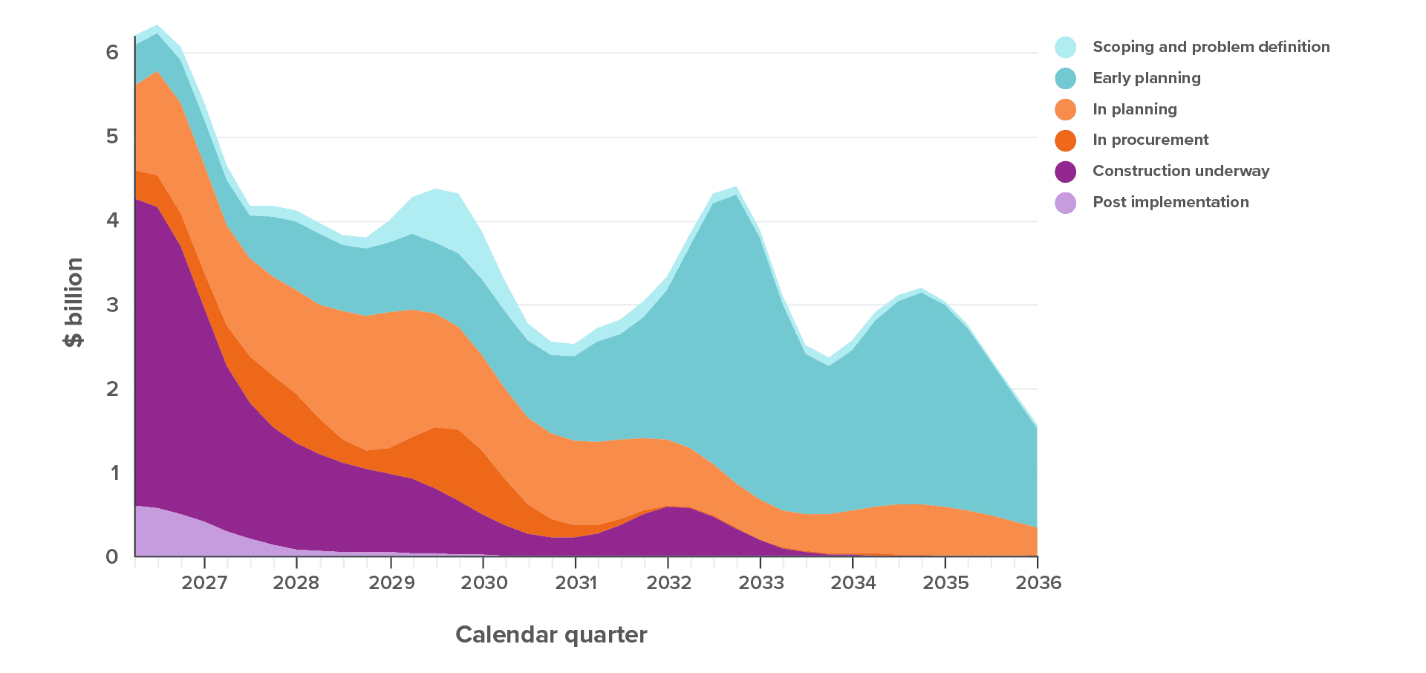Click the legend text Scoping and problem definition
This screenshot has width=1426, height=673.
(x=1211, y=47)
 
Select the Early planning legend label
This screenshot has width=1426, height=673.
(x=1146, y=78)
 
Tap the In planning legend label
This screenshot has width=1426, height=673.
(x=1134, y=109)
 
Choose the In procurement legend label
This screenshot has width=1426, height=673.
(x=1150, y=140)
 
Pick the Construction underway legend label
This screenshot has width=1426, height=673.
(x=1181, y=171)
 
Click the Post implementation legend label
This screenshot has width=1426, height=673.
(x=1171, y=202)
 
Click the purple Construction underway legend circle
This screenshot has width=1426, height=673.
(x=1066, y=172)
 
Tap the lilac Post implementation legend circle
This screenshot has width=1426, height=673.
(x=1066, y=202)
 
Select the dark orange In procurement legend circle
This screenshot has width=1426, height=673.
(x=1066, y=140)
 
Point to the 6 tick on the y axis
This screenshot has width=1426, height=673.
(x=112, y=52)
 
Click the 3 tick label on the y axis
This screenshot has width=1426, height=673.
(x=112, y=305)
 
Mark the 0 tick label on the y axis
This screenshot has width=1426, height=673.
(x=112, y=556)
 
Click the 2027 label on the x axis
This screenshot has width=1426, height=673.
(x=204, y=582)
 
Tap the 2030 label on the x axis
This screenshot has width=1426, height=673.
(x=484, y=582)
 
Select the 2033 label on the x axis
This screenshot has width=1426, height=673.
(x=761, y=582)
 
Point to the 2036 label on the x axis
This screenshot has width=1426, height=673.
(x=1038, y=582)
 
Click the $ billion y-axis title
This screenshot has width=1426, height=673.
(x=74, y=302)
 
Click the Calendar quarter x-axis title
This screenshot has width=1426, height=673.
(x=551, y=634)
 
